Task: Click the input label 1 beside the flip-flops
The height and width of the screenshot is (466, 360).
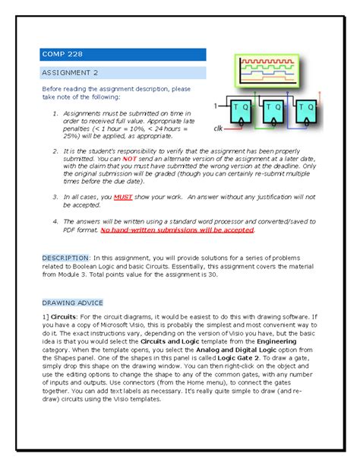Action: coord(216,104)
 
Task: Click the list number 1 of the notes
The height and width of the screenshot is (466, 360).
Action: coord(55,114)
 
